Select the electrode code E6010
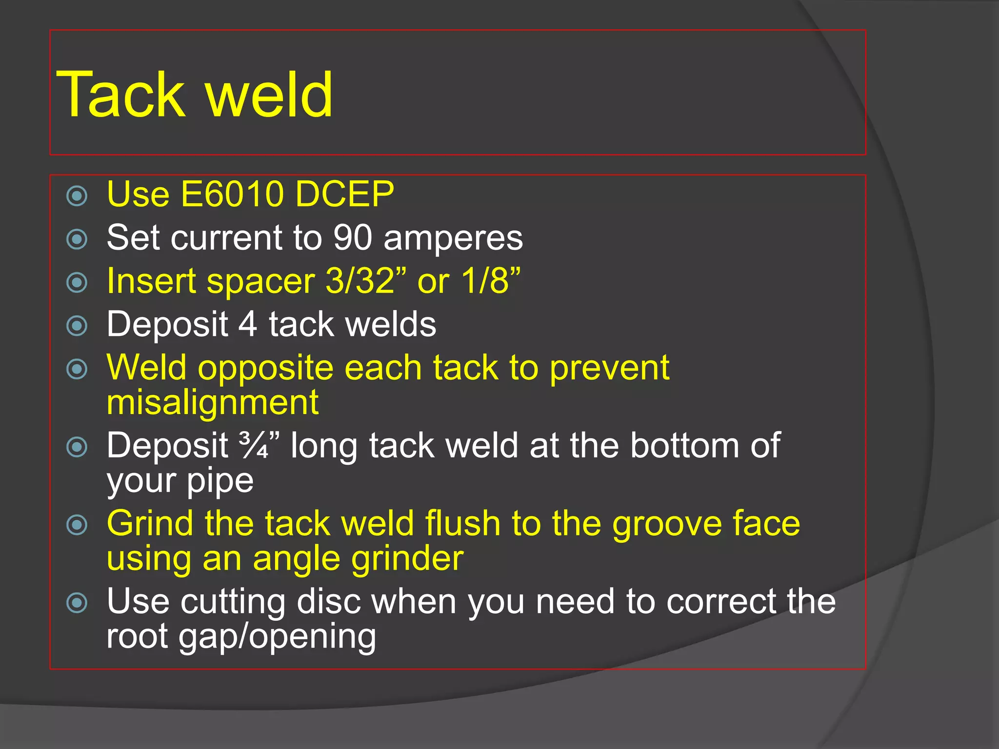tap(232, 194)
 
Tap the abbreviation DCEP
tap(344, 194)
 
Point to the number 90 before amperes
tap(352, 238)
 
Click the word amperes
tap(453, 238)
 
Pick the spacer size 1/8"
tap(491, 281)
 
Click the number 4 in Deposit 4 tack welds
tap(248, 324)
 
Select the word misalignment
tap(213, 403)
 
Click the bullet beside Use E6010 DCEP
tap(77, 196)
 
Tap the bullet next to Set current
tap(77, 239)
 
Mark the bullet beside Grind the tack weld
tap(77, 525)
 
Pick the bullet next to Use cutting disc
tap(77, 603)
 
